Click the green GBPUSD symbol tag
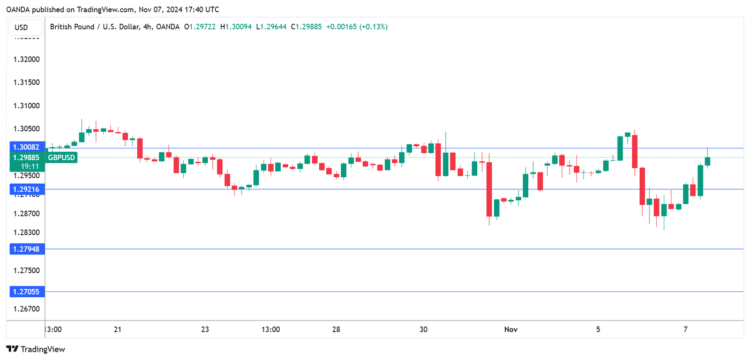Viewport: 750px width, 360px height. click(62, 157)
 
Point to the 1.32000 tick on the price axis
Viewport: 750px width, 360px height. click(26, 59)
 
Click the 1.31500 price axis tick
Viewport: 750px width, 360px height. click(26, 82)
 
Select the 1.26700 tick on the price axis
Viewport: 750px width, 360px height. click(26, 309)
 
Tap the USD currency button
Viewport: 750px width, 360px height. click(21, 27)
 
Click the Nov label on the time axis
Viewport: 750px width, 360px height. click(511, 329)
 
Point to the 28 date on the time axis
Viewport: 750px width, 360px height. click(336, 329)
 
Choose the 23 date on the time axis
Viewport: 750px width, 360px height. click(205, 329)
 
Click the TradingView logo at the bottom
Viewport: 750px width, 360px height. click(36, 349)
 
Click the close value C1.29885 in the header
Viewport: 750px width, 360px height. click(306, 27)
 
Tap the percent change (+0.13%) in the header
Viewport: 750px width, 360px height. click(373, 27)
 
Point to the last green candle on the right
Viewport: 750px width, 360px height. click(708, 161)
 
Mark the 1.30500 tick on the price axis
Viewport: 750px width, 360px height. click(26, 129)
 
